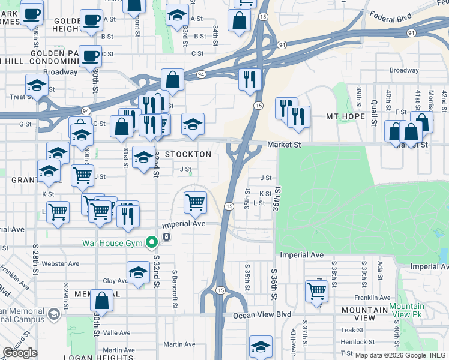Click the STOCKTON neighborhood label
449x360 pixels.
[188, 154]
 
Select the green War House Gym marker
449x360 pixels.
[152, 242]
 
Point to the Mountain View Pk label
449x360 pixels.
[406, 310]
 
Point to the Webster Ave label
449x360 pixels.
[65, 263]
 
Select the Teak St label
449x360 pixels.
[352, 330]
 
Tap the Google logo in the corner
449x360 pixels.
[20, 353]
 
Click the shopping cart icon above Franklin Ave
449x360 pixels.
[316, 292]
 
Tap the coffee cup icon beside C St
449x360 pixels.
[90, 57]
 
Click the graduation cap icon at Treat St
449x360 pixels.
[37, 86]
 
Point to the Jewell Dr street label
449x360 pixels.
[294, 338]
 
